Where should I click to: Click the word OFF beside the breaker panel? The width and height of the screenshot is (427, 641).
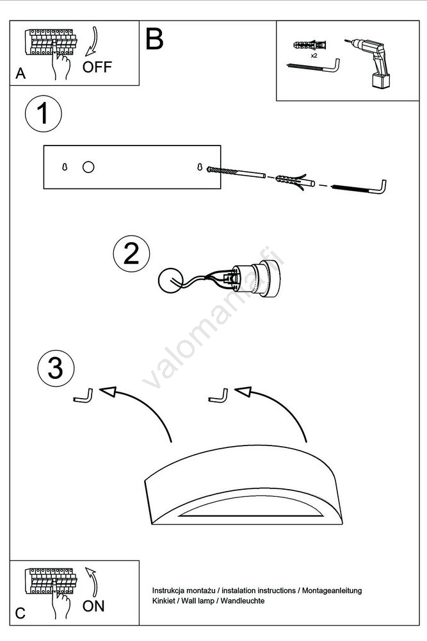(97, 67)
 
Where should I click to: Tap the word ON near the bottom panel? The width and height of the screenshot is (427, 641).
(93, 606)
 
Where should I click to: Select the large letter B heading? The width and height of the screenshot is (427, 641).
(154, 39)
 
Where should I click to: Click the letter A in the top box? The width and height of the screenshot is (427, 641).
(20, 74)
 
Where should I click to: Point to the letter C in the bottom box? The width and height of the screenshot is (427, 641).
(20, 613)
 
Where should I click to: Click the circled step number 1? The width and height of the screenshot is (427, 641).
(44, 113)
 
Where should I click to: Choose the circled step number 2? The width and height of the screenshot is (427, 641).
(131, 254)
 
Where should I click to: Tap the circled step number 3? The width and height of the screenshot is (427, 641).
(56, 368)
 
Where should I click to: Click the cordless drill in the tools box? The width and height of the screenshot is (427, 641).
(369, 63)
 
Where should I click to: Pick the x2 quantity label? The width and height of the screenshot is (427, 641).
(314, 56)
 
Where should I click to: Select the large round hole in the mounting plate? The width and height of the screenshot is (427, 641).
(88, 167)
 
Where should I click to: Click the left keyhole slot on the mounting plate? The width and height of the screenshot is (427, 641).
(65, 167)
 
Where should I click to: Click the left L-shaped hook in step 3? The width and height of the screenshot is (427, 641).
(83, 395)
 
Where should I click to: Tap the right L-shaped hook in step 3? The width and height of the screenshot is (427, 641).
(218, 395)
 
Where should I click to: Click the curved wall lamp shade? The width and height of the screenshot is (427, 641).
(244, 485)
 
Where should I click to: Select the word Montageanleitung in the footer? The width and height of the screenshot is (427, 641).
(332, 590)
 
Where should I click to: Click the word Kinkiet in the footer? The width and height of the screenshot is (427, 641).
(163, 601)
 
